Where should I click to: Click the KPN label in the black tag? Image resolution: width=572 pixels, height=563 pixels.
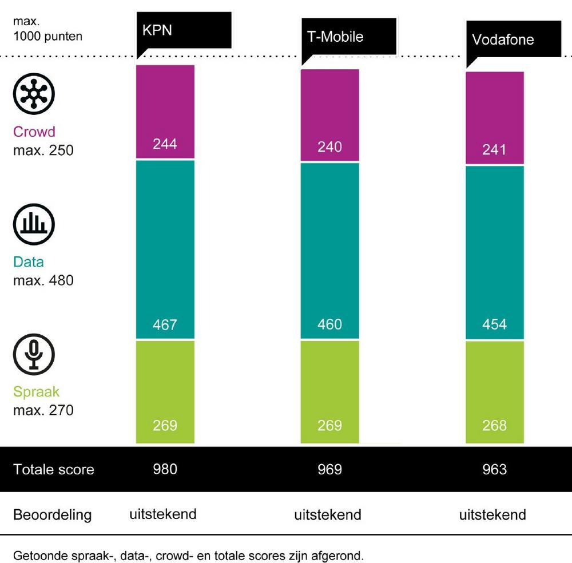pos(157,30)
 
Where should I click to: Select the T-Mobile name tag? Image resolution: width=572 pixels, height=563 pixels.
pos(335,37)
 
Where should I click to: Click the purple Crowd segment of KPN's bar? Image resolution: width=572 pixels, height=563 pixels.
pos(165,112)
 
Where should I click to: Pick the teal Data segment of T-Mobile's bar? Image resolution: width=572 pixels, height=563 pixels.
pos(330,246)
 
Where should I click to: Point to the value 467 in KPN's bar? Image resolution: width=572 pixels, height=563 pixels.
pos(165,325)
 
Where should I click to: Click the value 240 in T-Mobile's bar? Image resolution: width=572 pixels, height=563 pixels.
pos(330,147)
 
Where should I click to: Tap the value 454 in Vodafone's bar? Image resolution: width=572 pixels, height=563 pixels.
pos(495,324)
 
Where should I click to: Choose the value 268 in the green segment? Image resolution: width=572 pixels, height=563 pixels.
pos(495,426)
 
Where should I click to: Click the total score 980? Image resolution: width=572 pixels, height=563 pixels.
pos(165,469)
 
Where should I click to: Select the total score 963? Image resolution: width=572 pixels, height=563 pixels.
pos(495,470)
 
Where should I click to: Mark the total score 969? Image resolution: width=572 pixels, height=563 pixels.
pos(330,470)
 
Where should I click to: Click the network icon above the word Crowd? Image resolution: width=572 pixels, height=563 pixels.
pos(34,93)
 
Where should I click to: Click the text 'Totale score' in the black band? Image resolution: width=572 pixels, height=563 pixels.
pos(54,470)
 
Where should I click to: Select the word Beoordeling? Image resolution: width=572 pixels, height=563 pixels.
pos(52,514)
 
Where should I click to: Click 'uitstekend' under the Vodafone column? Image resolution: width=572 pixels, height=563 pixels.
pos(492,514)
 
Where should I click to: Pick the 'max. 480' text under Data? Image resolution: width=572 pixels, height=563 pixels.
pos(43,281)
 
